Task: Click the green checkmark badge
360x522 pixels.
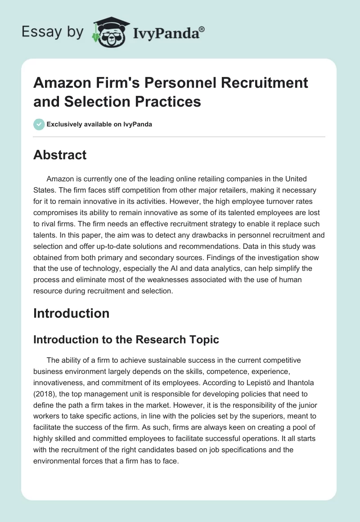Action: pos(39,124)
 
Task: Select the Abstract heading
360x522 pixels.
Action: pos(60,155)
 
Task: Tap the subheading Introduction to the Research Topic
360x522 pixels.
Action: pos(126,339)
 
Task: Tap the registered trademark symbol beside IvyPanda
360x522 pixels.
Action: pos(202,28)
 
